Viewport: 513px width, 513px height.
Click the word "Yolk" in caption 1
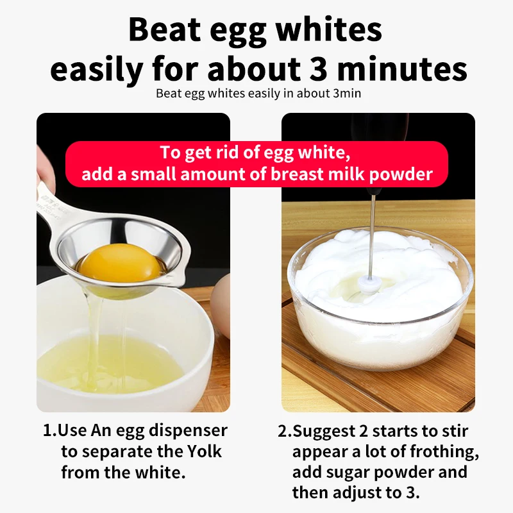[201, 451]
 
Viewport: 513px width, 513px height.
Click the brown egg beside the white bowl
[221, 305]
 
